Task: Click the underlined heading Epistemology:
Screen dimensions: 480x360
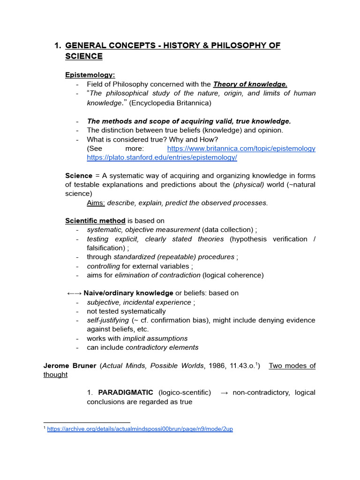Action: click(x=90, y=75)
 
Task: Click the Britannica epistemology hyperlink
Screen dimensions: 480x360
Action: click(x=241, y=149)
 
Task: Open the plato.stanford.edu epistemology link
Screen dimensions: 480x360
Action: click(x=162, y=157)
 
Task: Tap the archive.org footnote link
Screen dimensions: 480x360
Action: click(x=140, y=429)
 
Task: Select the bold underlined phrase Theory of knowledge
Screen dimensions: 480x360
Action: click(x=250, y=84)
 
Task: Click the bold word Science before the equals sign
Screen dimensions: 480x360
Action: click(x=79, y=175)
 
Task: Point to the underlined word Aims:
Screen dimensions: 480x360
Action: click(x=96, y=203)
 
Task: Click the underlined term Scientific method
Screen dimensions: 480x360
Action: click(x=95, y=221)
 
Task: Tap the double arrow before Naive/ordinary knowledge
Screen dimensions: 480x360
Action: click(x=74, y=293)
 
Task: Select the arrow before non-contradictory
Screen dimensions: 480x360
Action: click(x=224, y=392)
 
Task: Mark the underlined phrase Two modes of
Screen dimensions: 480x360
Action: click(x=292, y=366)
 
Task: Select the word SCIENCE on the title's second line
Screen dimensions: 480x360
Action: click(x=84, y=56)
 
